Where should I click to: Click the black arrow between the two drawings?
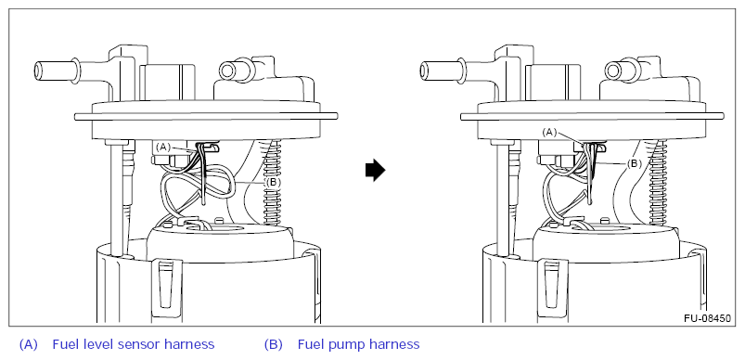point(376,171)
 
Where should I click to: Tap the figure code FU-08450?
point(707,318)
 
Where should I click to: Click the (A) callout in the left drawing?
point(163,148)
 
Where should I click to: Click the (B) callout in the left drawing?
point(272,182)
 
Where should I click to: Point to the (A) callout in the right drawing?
point(550,133)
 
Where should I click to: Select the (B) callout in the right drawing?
point(635,164)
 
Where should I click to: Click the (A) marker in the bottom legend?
point(28,344)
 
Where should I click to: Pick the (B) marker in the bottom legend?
point(273,344)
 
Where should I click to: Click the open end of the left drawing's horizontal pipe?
point(38,70)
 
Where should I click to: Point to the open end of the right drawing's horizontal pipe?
point(424,70)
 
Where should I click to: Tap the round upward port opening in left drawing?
point(228,71)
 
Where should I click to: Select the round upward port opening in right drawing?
point(614,71)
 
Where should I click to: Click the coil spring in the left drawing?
point(272,182)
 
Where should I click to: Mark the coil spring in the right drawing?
point(658,182)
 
